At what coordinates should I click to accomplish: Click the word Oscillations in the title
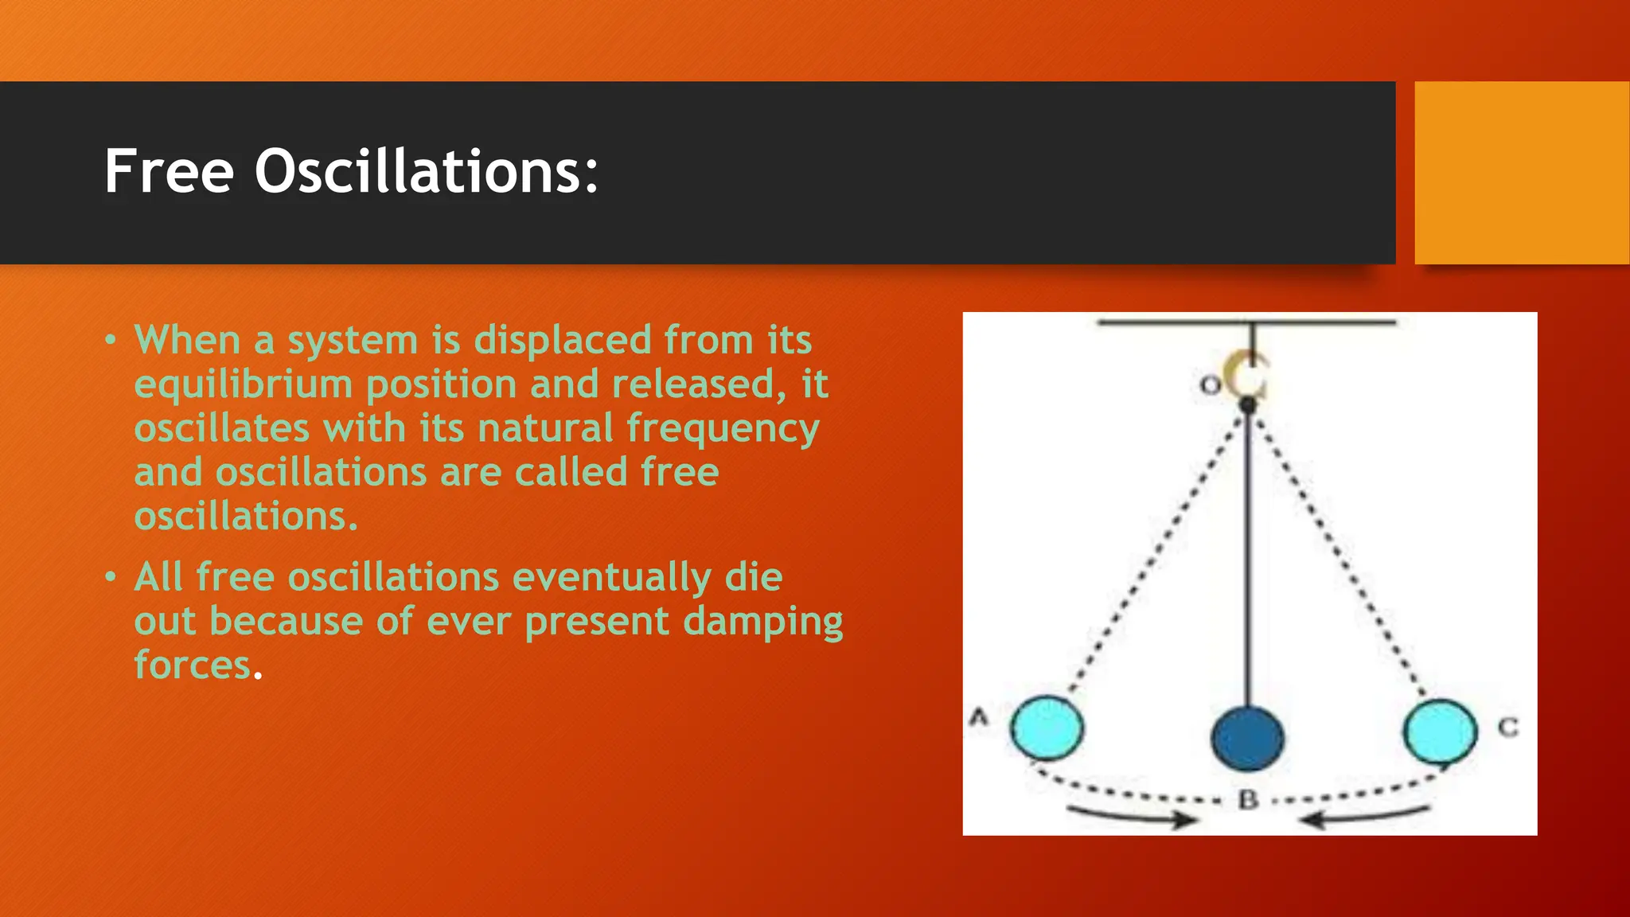click(426, 171)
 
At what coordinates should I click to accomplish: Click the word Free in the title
click(169, 171)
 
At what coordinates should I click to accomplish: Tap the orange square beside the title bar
click(1522, 173)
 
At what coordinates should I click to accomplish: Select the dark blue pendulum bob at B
click(1247, 738)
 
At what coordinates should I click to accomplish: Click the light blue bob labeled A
click(1047, 728)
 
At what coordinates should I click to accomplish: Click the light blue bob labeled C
click(1440, 730)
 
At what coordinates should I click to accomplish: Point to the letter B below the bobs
click(1248, 799)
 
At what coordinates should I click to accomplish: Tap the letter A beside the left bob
click(979, 717)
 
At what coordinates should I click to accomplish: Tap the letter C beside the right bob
click(1508, 727)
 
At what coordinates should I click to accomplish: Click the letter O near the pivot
click(1210, 385)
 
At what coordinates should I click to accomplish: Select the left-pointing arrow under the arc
click(1364, 817)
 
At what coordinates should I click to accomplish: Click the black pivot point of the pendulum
click(1248, 406)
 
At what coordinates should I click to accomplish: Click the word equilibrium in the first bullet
click(244, 385)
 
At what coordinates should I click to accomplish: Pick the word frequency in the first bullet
click(723, 429)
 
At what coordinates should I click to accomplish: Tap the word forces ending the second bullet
click(193, 665)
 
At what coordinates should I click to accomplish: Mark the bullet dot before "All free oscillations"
click(111, 576)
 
